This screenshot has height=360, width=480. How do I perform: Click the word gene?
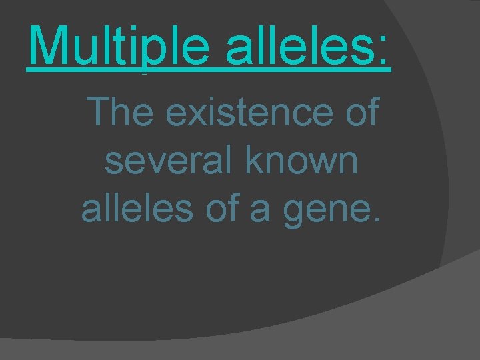pos(341,212)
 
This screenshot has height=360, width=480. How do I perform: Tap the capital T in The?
pos(100,113)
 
